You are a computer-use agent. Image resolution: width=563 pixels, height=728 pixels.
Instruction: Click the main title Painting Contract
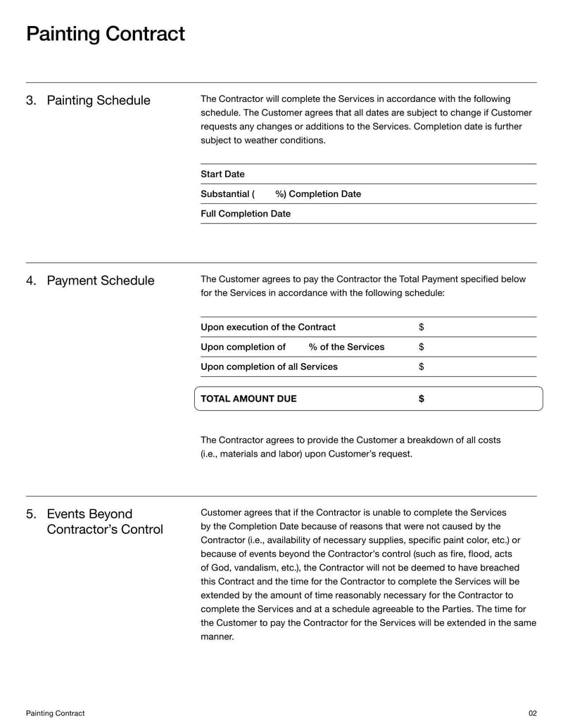tap(106, 34)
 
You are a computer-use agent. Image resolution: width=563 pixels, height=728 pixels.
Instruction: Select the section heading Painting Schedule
tap(98, 101)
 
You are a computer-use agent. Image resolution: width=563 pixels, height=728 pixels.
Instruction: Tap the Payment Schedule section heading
tap(100, 281)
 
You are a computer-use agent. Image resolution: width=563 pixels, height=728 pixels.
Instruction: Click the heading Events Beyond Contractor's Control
tap(104, 522)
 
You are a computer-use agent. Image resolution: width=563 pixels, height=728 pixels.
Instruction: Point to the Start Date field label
tap(222, 174)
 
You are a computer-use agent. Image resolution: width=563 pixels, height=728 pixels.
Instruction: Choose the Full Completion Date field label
tap(245, 214)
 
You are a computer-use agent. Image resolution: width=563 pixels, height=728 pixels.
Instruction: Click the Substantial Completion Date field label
tap(280, 194)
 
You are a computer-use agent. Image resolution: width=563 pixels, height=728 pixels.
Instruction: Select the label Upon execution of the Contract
tap(268, 327)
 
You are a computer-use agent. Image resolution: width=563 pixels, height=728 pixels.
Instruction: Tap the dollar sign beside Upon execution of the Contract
tap(421, 327)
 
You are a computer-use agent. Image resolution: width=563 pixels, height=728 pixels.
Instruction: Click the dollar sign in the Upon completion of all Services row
tap(421, 366)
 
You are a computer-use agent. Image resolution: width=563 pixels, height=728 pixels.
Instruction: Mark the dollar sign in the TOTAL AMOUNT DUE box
tap(421, 399)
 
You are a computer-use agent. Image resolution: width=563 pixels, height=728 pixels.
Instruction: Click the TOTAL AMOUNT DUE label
tap(248, 399)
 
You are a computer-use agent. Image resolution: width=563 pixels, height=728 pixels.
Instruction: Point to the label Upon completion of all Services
tap(269, 366)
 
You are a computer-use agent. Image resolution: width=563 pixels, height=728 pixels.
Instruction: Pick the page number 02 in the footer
tap(532, 713)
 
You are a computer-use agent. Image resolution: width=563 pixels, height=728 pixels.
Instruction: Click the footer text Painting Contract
tap(55, 713)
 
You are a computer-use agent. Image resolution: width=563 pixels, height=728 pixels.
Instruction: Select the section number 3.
tap(31, 101)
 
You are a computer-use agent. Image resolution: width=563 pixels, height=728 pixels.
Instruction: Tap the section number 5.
tap(31, 514)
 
